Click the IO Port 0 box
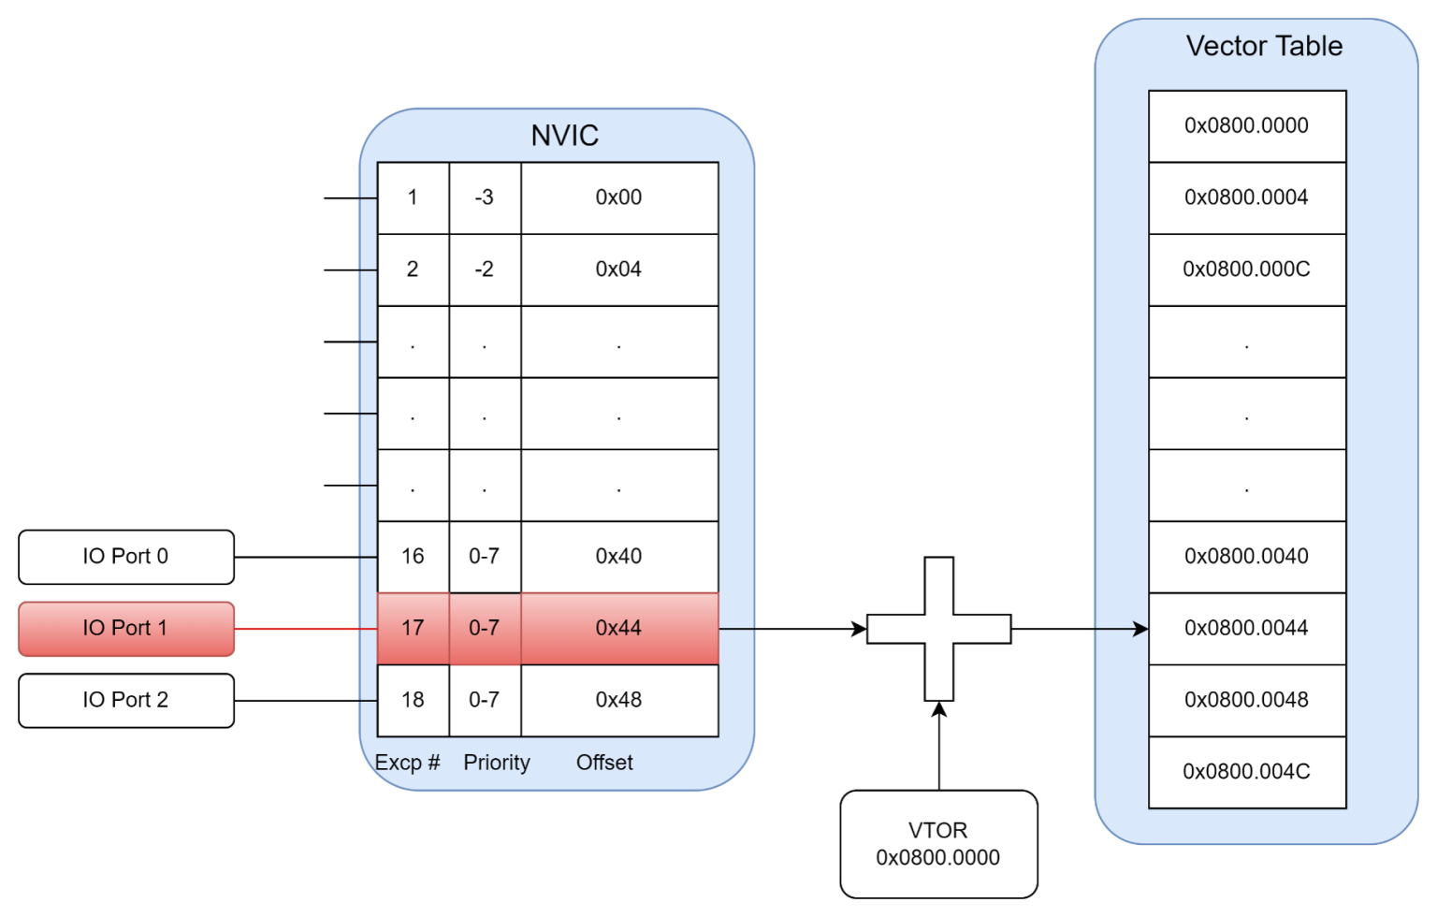click(125, 557)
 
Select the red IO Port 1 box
click(125, 628)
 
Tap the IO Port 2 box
click(125, 700)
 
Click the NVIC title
click(564, 136)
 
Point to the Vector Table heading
click(1263, 46)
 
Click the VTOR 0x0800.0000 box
click(938, 844)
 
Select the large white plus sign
click(938, 629)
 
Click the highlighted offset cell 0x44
click(619, 628)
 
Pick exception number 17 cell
click(413, 628)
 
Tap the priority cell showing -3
click(485, 197)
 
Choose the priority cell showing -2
click(485, 269)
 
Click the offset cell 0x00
click(619, 197)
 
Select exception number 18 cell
click(413, 700)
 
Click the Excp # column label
click(407, 763)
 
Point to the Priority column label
click(497, 763)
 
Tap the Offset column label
click(604, 763)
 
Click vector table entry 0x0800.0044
click(1246, 628)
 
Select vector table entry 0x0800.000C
click(1246, 269)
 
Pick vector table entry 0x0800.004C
click(1246, 772)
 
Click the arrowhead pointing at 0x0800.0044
click(1140, 629)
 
